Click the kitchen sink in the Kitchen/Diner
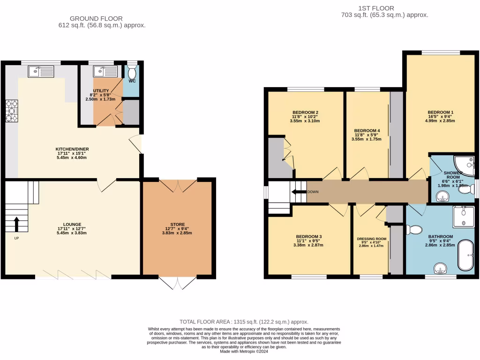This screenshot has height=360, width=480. tap(41, 71)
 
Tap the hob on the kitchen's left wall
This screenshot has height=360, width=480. tap(11, 111)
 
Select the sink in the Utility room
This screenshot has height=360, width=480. tap(104, 71)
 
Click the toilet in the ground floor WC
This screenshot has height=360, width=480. tap(132, 72)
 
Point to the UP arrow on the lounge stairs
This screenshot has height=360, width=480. tap(17, 224)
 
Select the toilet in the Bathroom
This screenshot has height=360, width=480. tap(414, 230)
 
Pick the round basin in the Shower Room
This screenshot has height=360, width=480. tap(441, 197)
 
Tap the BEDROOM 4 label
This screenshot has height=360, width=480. tap(367, 130)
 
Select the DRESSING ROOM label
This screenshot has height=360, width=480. tap(371, 239)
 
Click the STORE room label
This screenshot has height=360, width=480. tap(178, 224)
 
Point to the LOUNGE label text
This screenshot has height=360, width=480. tap(73, 224)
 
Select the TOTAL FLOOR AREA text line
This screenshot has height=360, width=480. tap(244, 322)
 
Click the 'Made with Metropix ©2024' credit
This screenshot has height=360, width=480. tap(244, 352)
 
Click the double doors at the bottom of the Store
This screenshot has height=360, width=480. tap(178, 283)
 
